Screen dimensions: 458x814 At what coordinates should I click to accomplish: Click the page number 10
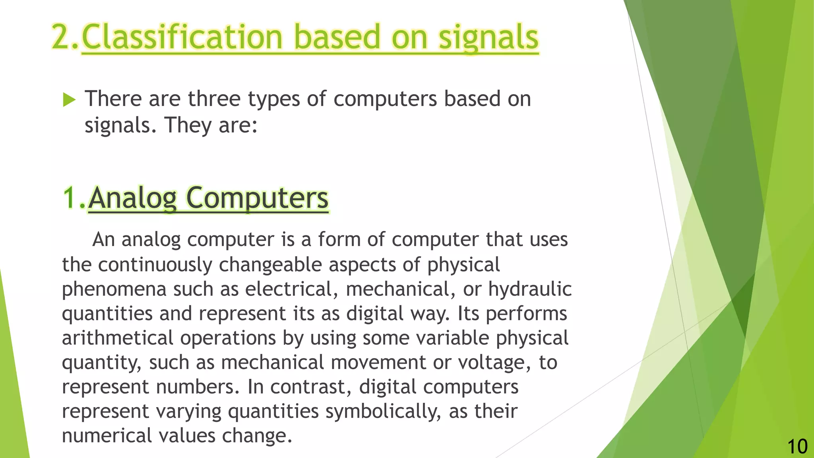click(797, 446)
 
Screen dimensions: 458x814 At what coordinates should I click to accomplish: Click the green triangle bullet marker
click(69, 100)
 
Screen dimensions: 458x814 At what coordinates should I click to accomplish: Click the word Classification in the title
click(182, 37)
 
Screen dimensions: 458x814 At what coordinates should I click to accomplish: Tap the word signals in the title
click(488, 37)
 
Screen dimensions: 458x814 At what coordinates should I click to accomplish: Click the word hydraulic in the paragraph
click(530, 289)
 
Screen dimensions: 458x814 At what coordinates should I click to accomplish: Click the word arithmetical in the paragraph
click(118, 338)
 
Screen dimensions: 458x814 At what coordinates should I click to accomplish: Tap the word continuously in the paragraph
click(155, 265)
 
